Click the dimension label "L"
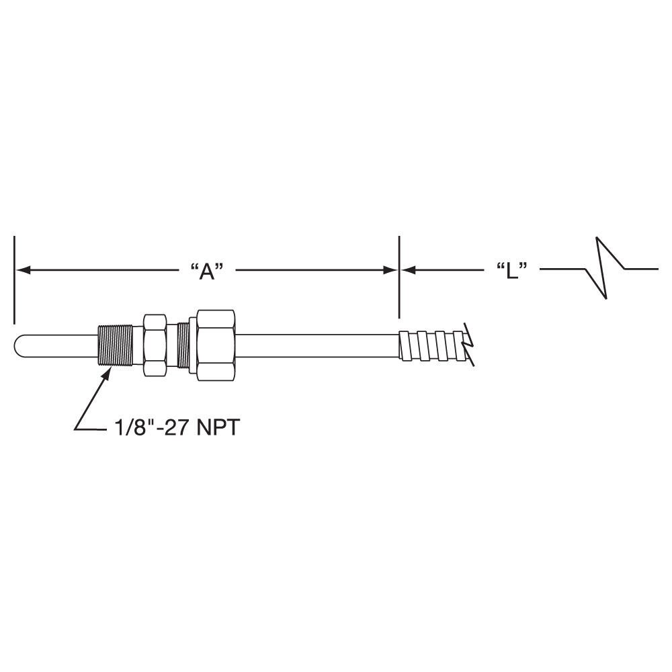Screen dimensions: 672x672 (x=510, y=271)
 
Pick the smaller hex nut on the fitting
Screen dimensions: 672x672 (x=155, y=345)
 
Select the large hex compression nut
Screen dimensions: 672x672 (x=216, y=345)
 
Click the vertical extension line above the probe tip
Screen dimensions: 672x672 (x=14, y=279)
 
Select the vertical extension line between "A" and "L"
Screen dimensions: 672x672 (x=399, y=277)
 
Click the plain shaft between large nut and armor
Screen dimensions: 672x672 (x=316, y=345)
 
